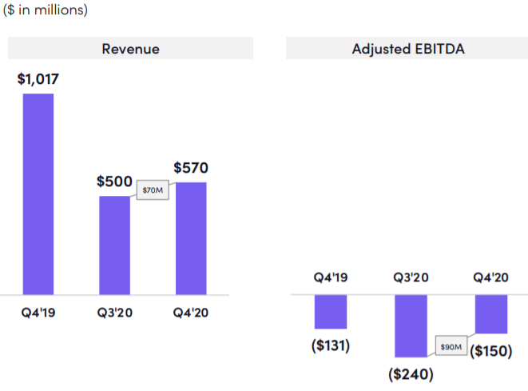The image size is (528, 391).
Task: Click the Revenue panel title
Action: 130,49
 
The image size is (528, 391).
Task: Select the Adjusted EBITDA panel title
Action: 408,49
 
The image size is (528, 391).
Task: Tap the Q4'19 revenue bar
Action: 38,194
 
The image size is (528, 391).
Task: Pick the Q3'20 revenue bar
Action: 114,245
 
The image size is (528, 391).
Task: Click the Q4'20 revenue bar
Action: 191,238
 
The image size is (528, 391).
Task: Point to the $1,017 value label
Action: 38,79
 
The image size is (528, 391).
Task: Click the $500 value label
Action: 114,182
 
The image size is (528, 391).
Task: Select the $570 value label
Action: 191,168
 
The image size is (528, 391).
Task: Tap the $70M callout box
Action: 152,191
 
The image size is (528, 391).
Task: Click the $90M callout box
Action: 451,348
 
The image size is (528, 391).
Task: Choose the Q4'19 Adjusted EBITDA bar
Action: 331,311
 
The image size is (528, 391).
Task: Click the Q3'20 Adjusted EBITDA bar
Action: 411,325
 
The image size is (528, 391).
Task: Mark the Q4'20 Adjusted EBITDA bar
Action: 491,313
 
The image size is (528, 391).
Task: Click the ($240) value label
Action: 411,373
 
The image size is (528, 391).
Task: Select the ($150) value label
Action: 491,350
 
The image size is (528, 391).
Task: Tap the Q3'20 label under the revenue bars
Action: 114,312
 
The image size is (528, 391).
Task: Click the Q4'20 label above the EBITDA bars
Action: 491,278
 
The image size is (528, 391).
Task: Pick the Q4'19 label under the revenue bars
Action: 38,312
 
